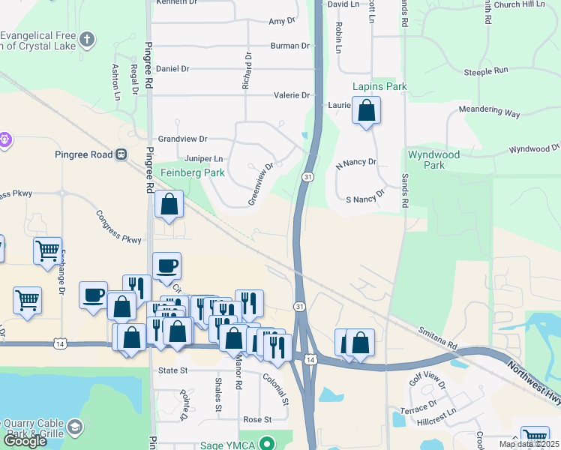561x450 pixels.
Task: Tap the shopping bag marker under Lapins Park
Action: tap(366, 112)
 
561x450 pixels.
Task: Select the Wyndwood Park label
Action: tap(433, 159)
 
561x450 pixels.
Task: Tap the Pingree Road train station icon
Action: tap(120, 154)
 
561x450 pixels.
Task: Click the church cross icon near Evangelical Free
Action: tap(88, 39)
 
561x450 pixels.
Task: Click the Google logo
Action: tap(24, 441)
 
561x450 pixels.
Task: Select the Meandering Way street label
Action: tap(492, 112)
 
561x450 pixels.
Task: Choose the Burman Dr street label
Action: tap(289, 46)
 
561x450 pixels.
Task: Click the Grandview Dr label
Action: tap(182, 139)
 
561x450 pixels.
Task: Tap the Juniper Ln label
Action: tap(203, 159)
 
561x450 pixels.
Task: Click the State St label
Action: tap(172, 370)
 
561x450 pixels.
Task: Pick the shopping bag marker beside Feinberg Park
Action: tap(169, 203)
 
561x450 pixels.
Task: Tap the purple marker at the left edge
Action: tap(5, 139)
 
